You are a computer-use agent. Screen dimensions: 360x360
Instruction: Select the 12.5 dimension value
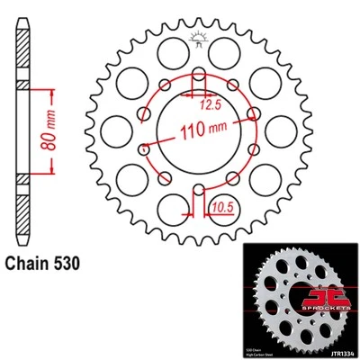[x=210, y=105]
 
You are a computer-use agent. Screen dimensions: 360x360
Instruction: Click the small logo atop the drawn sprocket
[x=196, y=37]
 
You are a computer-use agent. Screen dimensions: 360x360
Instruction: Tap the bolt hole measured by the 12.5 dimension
[x=196, y=77]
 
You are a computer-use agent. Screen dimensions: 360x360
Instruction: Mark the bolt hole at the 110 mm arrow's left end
[x=147, y=149]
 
